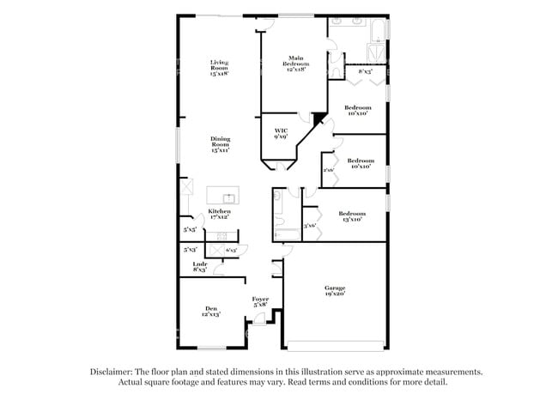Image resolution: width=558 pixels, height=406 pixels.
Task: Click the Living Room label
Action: click(219, 67)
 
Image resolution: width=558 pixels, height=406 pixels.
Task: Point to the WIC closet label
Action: click(280, 133)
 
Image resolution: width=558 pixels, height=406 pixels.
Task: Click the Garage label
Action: click(334, 290)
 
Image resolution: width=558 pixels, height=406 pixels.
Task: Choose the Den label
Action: click(211, 312)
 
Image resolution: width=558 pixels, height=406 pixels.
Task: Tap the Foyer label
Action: click(260, 301)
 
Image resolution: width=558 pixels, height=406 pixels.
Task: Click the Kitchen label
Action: click(220, 213)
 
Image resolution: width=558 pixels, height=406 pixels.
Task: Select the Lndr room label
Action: click(199, 266)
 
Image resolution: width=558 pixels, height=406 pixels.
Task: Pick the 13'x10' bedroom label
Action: click(351, 216)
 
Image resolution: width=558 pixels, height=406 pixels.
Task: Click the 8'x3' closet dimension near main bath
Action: click(365, 72)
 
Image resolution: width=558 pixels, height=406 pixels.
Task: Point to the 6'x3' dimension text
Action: click(231, 250)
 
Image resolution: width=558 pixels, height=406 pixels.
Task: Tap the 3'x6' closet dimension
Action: click(310, 226)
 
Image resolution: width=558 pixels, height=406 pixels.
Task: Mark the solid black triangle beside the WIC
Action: click(319, 118)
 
